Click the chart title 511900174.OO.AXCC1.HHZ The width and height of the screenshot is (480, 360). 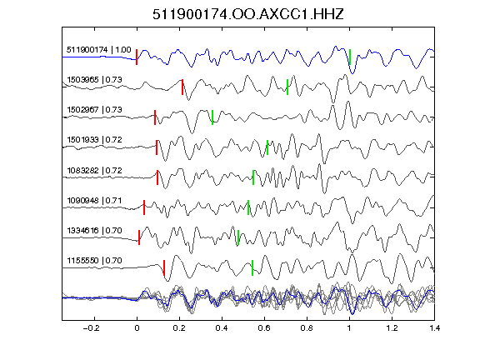[x=248, y=14]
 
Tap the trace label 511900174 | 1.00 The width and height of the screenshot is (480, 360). [x=99, y=50]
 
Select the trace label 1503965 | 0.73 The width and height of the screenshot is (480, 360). [x=95, y=80]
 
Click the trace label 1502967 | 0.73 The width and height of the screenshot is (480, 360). [x=95, y=110]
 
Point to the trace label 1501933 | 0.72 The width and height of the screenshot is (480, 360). [x=95, y=140]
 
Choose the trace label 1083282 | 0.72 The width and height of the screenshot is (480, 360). [x=95, y=170]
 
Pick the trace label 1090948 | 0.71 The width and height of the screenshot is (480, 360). [x=95, y=201]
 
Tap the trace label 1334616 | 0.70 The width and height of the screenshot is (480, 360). [x=95, y=230]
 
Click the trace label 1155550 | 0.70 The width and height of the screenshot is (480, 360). [x=95, y=261]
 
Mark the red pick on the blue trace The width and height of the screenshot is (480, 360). [x=137, y=57]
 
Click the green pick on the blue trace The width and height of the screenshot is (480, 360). [x=350, y=57]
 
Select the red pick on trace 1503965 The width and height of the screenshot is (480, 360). [x=182, y=87]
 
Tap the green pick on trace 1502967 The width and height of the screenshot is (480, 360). [x=212, y=117]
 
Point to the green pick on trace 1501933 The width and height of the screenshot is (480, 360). [x=267, y=147]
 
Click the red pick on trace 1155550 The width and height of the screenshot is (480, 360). [x=164, y=267]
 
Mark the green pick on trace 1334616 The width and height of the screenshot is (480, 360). [x=238, y=237]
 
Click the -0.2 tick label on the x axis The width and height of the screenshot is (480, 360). [x=92, y=328]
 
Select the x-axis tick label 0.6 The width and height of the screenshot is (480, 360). [x=264, y=328]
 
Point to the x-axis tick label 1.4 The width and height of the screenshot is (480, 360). [x=434, y=328]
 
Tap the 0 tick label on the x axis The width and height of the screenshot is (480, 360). [x=137, y=328]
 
